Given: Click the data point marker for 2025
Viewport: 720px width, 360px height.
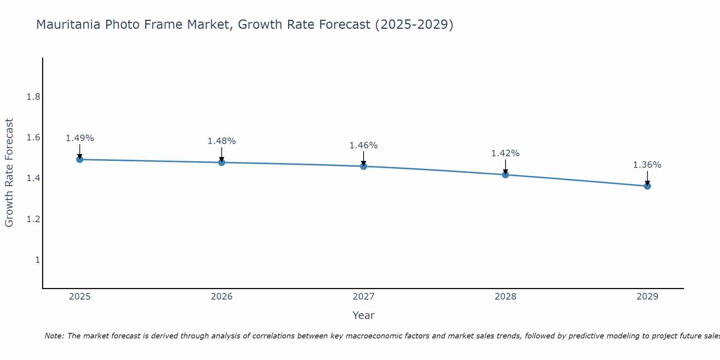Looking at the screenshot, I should click(x=80, y=159).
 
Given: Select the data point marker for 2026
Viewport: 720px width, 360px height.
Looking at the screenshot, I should click(x=222, y=162).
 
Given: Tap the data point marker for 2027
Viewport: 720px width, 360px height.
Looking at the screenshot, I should click(x=364, y=166).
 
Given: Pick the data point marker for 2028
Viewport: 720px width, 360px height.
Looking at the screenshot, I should click(x=505, y=175).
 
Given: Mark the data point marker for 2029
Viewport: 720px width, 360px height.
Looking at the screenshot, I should click(x=647, y=186).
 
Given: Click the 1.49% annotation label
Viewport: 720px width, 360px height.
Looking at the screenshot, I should click(x=80, y=138).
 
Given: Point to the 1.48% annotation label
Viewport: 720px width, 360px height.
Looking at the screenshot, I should click(x=222, y=141).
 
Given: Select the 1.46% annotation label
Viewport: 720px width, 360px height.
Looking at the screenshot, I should click(x=364, y=145).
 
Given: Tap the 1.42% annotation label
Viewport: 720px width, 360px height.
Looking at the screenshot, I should click(x=505, y=153).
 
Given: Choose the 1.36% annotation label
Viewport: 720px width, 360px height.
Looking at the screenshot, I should click(x=647, y=165).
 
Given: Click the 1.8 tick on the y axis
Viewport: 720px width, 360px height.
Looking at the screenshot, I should click(x=33, y=97).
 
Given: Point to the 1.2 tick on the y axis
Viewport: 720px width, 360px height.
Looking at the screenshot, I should click(x=33, y=219).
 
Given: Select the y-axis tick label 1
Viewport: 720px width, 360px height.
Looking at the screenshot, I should click(x=37, y=260).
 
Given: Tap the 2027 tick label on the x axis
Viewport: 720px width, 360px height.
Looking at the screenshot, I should click(x=364, y=297).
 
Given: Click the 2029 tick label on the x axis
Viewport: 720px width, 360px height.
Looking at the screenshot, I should click(x=647, y=297).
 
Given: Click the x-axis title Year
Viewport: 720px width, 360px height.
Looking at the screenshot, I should click(x=364, y=315).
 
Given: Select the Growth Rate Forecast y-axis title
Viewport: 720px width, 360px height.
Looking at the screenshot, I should click(x=9, y=173).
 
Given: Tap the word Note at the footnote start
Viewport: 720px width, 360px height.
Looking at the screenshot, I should click(x=54, y=336).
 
